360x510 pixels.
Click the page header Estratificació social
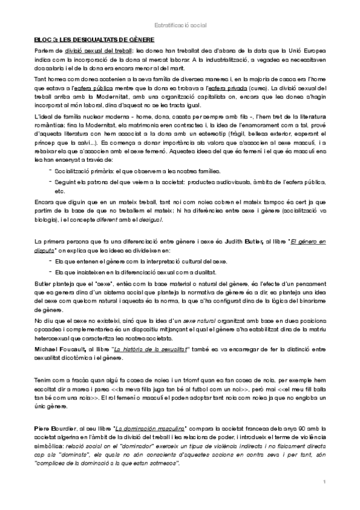(180, 25)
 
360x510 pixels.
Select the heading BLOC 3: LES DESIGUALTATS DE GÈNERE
(94, 39)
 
